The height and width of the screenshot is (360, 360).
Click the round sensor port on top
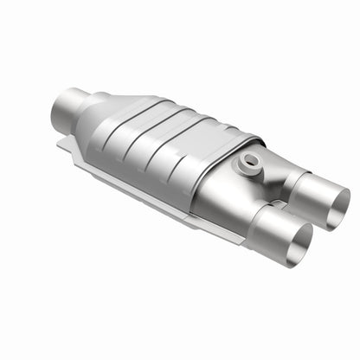point(252,160)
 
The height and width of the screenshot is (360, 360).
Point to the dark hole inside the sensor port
point(252,159)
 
